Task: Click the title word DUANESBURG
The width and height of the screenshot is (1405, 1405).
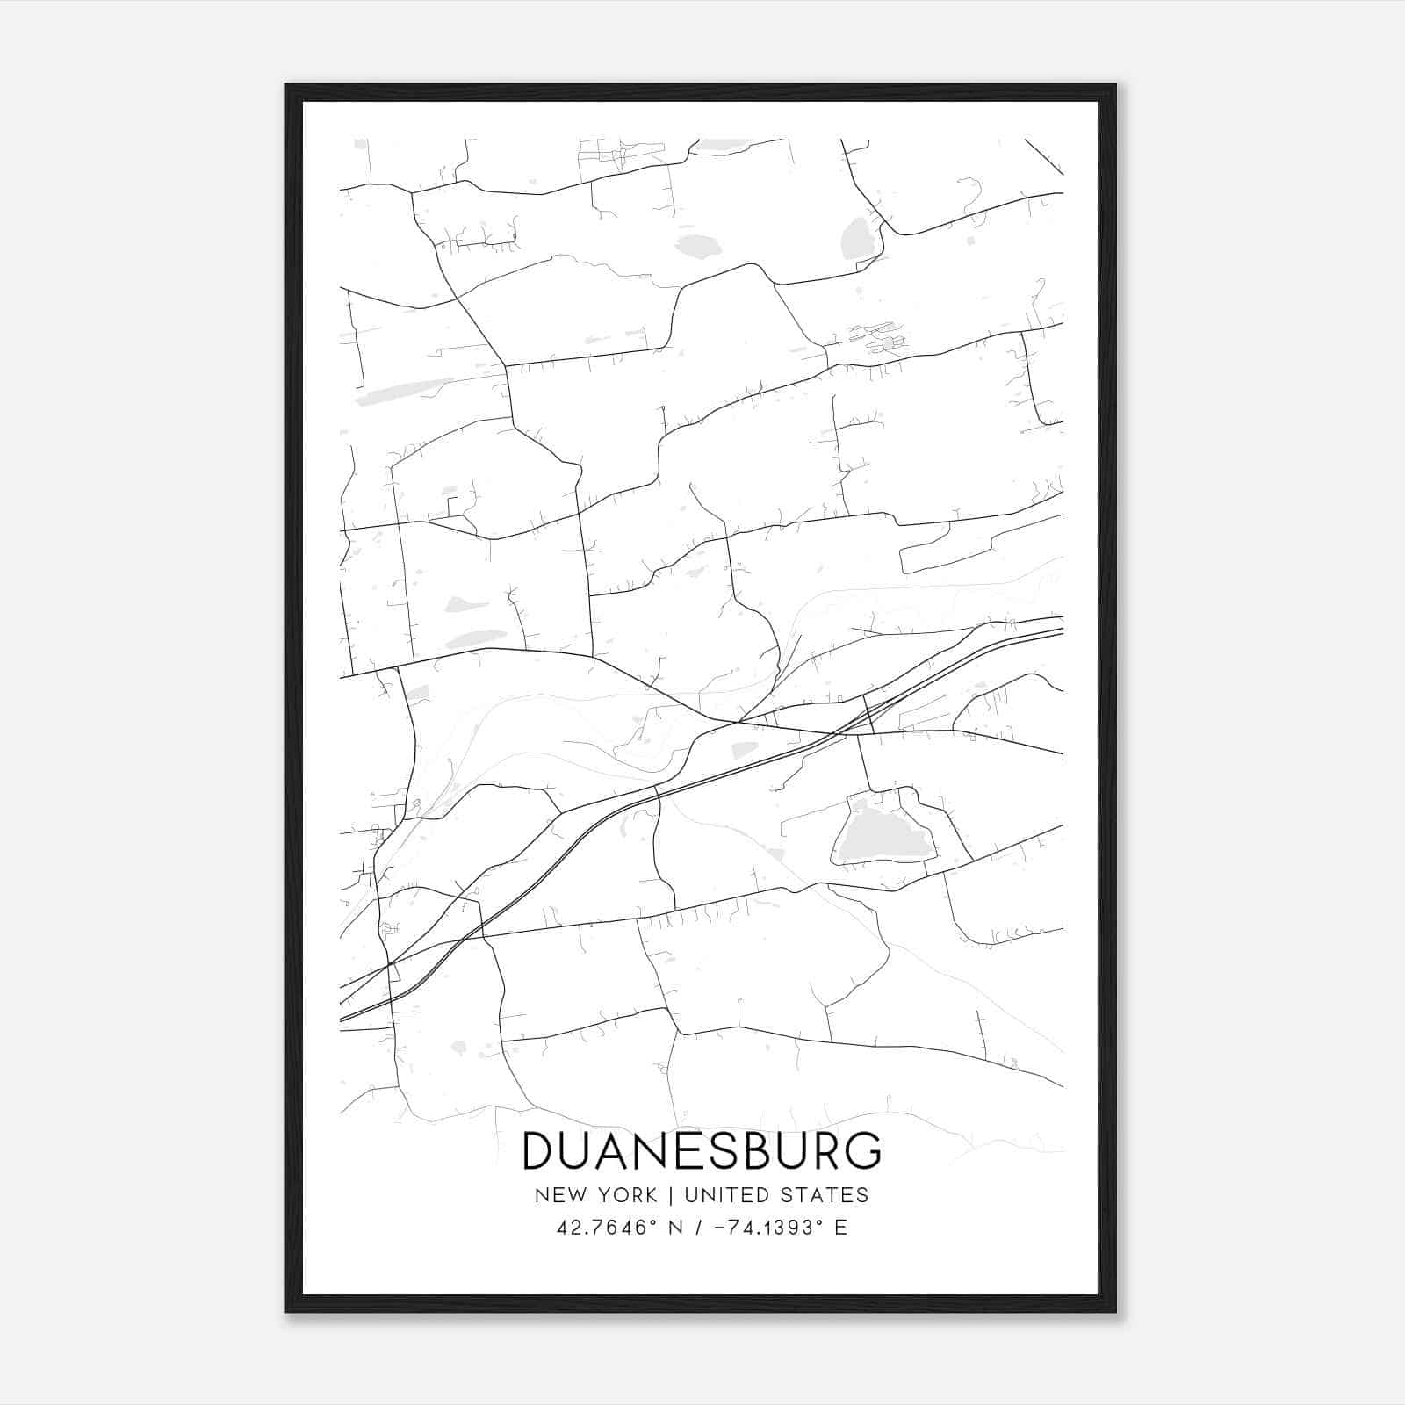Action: coord(701,1151)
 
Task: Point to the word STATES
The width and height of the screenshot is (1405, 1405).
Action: coord(832,1195)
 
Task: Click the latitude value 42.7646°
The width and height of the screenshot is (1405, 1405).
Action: coord(606,1228)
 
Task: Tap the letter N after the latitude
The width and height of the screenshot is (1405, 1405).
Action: coord(676,1228)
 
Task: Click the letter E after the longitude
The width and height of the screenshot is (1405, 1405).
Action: coord(840,1228)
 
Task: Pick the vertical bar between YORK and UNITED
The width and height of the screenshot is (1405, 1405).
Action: coord(670,1195)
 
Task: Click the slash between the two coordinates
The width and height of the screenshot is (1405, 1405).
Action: coord(700,1228)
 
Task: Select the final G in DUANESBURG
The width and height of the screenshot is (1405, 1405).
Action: coord(861,1151)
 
